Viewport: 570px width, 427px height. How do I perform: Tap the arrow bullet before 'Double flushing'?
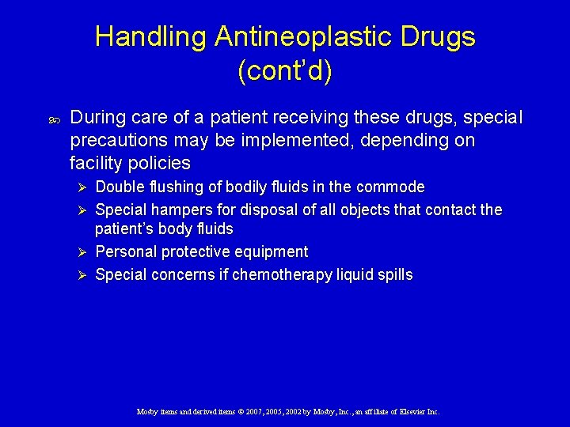click(x=78, y=187)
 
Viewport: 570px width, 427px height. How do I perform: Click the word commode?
click(x=390, y=187)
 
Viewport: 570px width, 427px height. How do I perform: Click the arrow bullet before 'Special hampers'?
click(x=78, y=210)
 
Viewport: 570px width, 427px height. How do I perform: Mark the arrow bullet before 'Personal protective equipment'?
click(x=78, y=252)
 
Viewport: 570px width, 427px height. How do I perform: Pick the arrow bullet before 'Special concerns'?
click(x=78, y=275)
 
